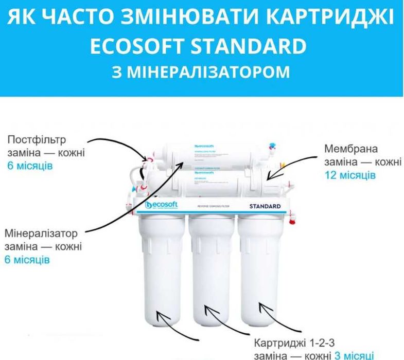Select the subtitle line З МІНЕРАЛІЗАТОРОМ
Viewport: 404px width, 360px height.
pyautogui.click(x=201, y=71)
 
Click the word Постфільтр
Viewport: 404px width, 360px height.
pyautogui.click(x=37, y=140)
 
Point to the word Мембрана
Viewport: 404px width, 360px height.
pyautogui.click(x=351, y=149)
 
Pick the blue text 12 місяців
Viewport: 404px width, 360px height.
pyautogui.click(x=350, y=175)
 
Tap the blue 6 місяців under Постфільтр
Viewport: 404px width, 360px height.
pyautogui.click(x=30, y=166)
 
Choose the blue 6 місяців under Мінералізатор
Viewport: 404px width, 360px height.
pyautogui.click(x=27, y=260)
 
